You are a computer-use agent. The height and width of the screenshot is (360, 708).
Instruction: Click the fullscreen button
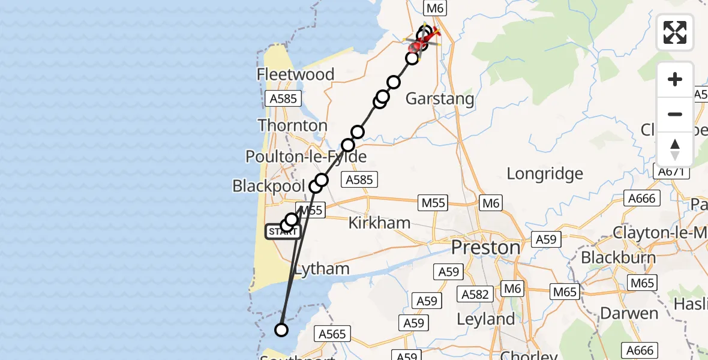tap(675, 32)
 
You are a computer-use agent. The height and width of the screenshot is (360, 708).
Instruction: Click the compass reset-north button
tap(675, 149)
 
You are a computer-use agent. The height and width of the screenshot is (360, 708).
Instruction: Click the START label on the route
tap(283, 231)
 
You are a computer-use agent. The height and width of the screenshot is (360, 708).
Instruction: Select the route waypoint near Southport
tap(281, 329)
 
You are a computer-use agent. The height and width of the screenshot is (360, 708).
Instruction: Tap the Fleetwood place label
tap(295, 74)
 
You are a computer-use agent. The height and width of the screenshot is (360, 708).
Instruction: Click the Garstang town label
tap(440, 98)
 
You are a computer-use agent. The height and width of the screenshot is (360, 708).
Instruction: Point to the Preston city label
tap(485, 247)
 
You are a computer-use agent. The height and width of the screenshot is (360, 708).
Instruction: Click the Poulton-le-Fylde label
tap(305, 157)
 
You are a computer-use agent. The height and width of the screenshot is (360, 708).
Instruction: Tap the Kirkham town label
tap(379, 223)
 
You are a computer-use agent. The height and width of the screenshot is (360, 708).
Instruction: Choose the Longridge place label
tap(545, 174)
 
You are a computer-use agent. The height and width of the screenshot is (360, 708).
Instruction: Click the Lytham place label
tap(322, 269)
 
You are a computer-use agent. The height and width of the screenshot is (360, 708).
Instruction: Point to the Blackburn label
tap(617, 258)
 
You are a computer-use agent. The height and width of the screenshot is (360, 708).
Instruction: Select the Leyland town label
tap(485, 319)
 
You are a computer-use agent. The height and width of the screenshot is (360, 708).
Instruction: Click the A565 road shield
tap(332, 334)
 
